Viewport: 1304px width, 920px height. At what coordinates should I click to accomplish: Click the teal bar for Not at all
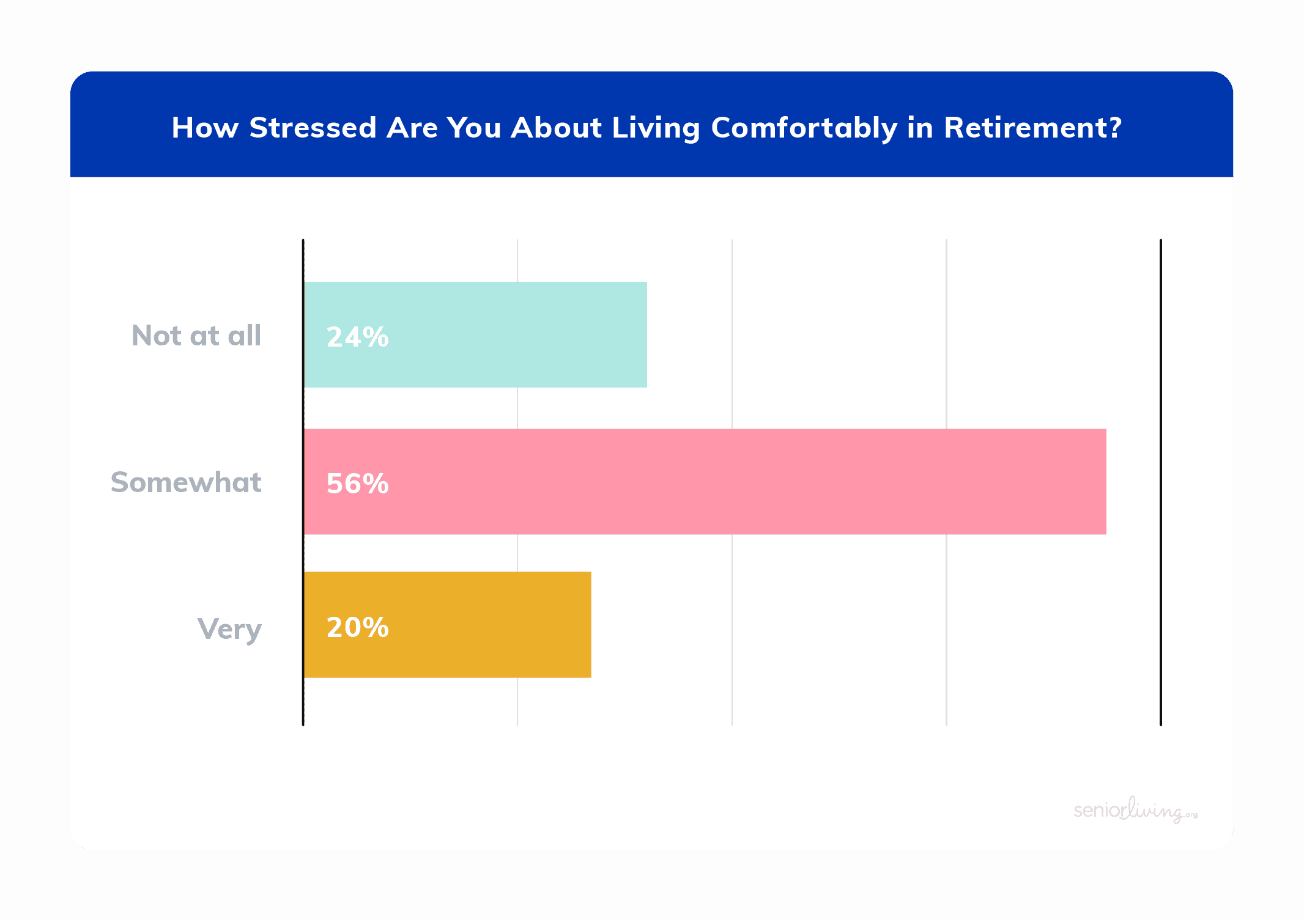475,334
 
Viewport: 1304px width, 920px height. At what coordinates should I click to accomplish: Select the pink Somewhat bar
705,482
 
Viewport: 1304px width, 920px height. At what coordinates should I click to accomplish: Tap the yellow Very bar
448,625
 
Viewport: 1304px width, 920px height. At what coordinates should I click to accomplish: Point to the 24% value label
358,337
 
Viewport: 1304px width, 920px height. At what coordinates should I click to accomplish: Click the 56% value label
358,484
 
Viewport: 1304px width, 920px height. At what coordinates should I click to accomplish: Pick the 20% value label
358,627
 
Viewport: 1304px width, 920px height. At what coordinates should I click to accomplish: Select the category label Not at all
197,336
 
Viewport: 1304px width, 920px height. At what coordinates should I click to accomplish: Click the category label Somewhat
186,482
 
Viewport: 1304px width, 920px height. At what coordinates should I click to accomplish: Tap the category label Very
229,630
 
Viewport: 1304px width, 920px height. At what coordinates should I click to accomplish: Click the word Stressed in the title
313,128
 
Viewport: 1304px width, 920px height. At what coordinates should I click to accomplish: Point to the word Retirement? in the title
1032,128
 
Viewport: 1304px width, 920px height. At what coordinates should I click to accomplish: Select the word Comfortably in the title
804,128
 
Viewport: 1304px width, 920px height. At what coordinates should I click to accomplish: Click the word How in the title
205,128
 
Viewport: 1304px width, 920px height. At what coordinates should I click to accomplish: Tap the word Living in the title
656,128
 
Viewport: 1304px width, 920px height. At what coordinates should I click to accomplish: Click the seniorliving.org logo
1135,810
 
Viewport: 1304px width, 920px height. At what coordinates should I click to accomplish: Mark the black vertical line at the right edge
1160,482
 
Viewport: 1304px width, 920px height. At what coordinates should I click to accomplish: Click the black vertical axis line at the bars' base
303,482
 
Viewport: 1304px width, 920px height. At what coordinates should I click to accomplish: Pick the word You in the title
474,128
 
